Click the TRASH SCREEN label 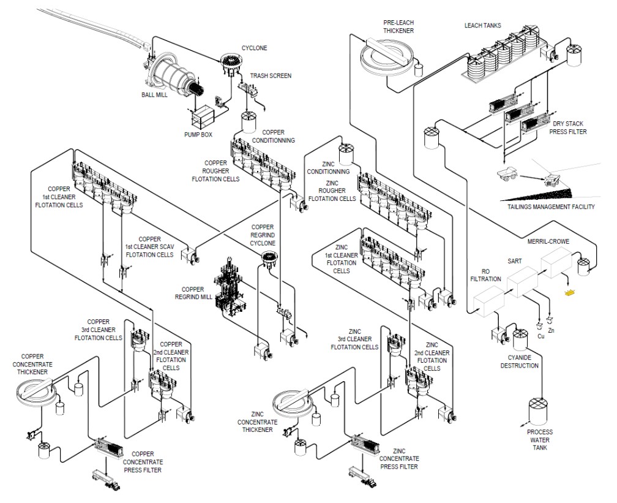[271, 76]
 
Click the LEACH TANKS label [483, 25]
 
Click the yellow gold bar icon [570, 293]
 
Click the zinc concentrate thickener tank [297, 400]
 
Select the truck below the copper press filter [105, 478]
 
